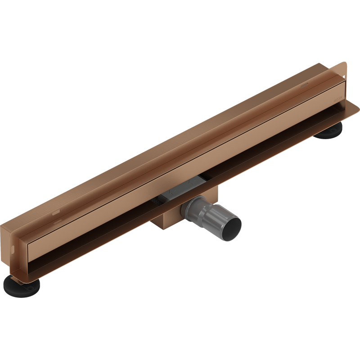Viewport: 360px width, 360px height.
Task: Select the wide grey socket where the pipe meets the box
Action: tap(196, 208)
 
